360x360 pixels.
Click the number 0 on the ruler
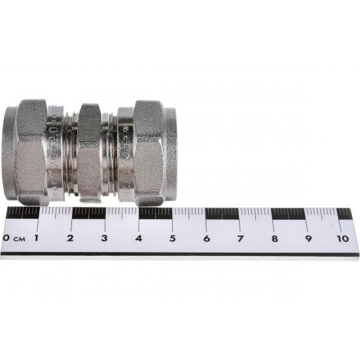(x=7, y=238)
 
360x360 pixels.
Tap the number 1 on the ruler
(x=36, y=238)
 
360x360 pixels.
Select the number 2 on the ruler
(x=70, y=238)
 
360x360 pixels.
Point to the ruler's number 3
(x=104, y=238)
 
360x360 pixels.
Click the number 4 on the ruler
(x=138, y=238)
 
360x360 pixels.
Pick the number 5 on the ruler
(x=172, y=238)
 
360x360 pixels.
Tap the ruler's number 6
(x=206, y=238)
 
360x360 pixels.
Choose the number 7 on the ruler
(x=240, y=238)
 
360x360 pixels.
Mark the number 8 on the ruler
(x=274, y=238)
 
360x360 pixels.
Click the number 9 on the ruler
(x=308, y=238)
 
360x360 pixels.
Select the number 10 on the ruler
(x=342, y=238)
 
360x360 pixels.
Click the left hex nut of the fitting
(x=31, y=151)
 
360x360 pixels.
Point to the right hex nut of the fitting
(x=149, y=151)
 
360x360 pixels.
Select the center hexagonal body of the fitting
(x=89, y=152)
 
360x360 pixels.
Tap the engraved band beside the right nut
(x=125, y=152)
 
